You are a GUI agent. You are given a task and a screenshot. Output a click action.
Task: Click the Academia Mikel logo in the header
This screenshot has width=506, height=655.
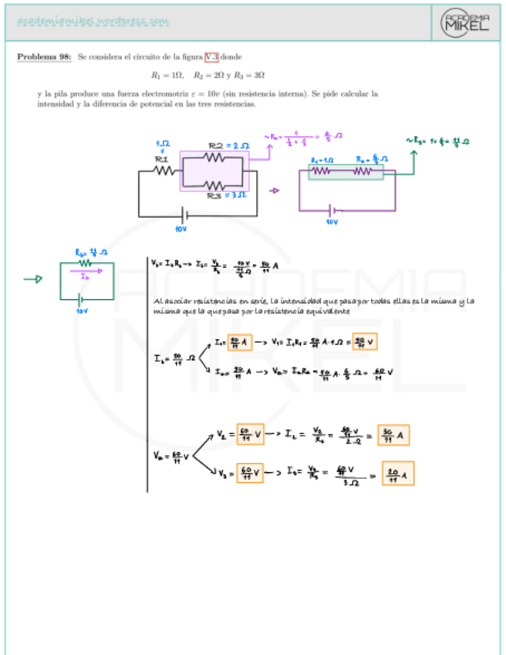465,22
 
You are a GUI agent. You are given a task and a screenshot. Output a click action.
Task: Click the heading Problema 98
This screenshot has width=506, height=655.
44,57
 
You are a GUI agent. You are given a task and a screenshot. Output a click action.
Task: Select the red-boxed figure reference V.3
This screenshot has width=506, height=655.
211,57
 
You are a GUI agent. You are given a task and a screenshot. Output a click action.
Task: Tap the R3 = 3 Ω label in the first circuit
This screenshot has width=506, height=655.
225,197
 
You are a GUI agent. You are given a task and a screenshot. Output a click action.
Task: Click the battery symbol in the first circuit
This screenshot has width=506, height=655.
183,216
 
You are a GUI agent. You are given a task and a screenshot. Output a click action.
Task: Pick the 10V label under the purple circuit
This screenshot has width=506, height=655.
332,221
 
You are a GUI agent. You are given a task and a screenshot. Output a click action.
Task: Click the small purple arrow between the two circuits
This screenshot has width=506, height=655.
275,189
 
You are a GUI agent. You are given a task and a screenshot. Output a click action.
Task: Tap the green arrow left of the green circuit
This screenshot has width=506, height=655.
33,280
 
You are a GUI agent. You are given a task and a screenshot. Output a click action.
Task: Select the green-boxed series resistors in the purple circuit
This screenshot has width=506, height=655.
346,171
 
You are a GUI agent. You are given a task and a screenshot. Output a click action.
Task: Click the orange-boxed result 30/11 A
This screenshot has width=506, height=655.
394,436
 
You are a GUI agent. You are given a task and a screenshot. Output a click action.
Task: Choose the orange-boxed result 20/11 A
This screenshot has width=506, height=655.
398,473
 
